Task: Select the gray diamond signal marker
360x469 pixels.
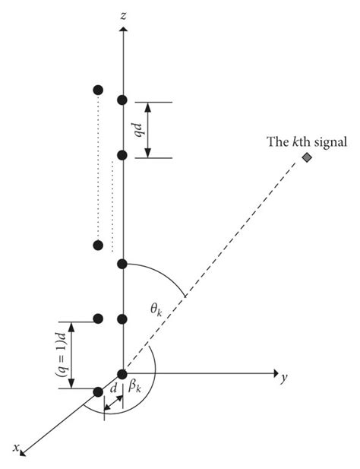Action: point(306,157)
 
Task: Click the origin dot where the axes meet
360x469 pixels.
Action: point(122,373)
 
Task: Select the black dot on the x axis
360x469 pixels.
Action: point(98,391)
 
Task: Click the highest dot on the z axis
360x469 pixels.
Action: point(122,100)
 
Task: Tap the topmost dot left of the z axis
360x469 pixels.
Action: point(97,90)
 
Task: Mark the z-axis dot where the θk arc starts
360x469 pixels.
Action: point(122,264)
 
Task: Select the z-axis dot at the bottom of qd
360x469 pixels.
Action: point(122,155)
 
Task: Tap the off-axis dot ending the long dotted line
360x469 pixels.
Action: point(97,245)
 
